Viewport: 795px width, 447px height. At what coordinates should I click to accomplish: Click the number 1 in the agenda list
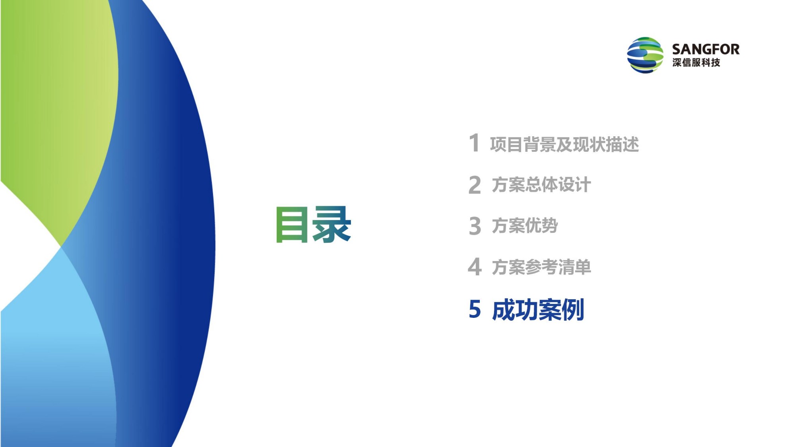474,143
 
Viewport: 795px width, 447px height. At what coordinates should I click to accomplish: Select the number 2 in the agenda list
475,185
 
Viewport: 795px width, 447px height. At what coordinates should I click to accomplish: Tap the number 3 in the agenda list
475,226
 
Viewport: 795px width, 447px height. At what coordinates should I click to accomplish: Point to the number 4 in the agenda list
475,267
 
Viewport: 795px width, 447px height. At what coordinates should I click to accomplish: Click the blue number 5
475,309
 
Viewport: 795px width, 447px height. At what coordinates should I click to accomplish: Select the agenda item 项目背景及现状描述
564,144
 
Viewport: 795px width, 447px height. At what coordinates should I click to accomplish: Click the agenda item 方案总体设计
541,185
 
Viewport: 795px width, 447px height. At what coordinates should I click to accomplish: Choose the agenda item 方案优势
525,226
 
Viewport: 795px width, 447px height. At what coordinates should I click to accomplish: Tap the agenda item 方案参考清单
541,267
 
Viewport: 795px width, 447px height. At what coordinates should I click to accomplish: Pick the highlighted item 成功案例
538,310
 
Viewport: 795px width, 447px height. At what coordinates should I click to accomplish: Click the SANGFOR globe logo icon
645,55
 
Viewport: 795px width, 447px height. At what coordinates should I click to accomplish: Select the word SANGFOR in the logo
706,49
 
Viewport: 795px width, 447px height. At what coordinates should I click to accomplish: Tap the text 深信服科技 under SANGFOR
696,63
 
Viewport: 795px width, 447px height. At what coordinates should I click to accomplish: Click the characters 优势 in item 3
542,226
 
